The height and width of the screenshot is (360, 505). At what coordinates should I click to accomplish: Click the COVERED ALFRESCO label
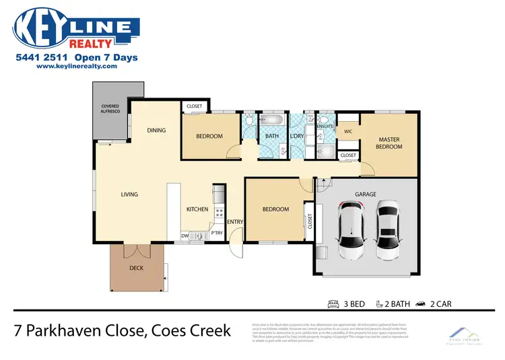tap(110, 109)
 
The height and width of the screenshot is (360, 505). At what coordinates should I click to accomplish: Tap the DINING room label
tap(156, 131)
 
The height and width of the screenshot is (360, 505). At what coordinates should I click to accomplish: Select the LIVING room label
tap(129, 194)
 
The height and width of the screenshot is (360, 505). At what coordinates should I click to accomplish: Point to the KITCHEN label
tap(197, 209)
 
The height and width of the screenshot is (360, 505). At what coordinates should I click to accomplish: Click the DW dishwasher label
tap(184, 236)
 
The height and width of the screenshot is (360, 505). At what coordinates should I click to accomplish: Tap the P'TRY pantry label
tap(217, 233)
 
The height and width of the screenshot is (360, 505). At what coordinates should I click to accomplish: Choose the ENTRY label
tap(235, 221)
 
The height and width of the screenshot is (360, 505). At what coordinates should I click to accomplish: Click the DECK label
tap(136, 267)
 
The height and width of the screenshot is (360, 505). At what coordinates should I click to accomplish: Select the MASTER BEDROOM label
tap(389, 143)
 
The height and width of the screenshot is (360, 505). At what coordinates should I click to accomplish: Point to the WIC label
tap(348, 132)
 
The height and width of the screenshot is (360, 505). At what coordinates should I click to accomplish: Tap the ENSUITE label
tap(325, 127)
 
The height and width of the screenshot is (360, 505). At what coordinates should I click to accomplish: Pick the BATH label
tap(271, 136)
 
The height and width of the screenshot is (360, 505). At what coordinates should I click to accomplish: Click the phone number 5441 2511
tap(42, 58)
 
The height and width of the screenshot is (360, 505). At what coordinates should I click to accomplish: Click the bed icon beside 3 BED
tap(332, 303)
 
